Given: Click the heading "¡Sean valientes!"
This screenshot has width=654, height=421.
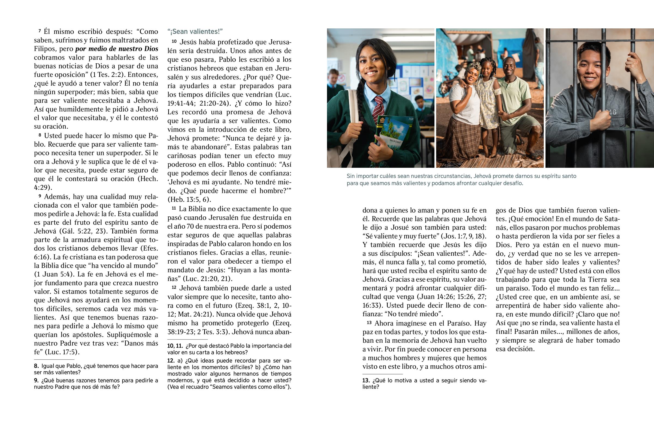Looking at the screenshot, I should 195,32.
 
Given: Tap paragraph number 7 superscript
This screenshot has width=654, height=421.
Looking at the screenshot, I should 40,31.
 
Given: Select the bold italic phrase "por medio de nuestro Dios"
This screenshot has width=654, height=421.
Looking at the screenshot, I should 117,49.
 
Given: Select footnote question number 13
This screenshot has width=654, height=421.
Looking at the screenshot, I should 366,381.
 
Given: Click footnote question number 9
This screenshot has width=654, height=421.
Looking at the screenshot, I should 36,381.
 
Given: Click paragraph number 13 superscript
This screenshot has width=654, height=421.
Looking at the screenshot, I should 369,323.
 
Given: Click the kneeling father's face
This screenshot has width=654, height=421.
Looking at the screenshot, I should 508,68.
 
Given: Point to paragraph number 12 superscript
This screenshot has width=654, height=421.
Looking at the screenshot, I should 174,287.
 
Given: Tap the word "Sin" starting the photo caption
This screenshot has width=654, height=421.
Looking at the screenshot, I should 351,176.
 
